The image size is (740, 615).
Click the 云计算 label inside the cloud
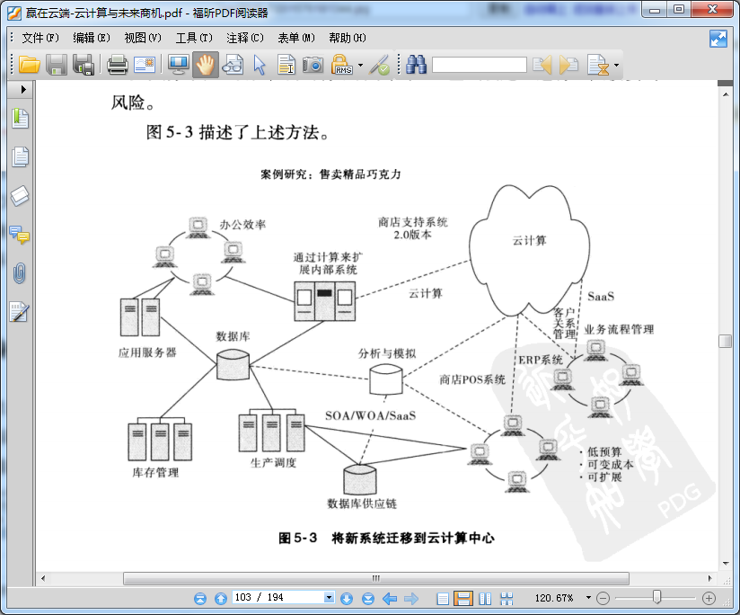click(x=530, y=240)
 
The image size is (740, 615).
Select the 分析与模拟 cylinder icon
click(x=387, y=379)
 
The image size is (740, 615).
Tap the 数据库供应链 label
click(x=362, y=503)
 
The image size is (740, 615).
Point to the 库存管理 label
click(x=155, y=472)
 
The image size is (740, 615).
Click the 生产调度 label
click(x=274, y=463)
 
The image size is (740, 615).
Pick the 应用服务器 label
click(x=147, y=352)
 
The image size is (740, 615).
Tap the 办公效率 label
click(x=242, y=225)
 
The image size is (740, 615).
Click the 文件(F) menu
click(x=40, y=38)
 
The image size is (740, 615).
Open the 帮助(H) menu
click(x=348, y=38)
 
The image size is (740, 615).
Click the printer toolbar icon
click(x=118, y=65)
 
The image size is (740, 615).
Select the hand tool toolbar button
click(x=206, y=65)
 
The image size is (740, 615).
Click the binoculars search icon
click(x=416, y=65)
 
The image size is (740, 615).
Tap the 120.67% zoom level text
click(x=554, y=598)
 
